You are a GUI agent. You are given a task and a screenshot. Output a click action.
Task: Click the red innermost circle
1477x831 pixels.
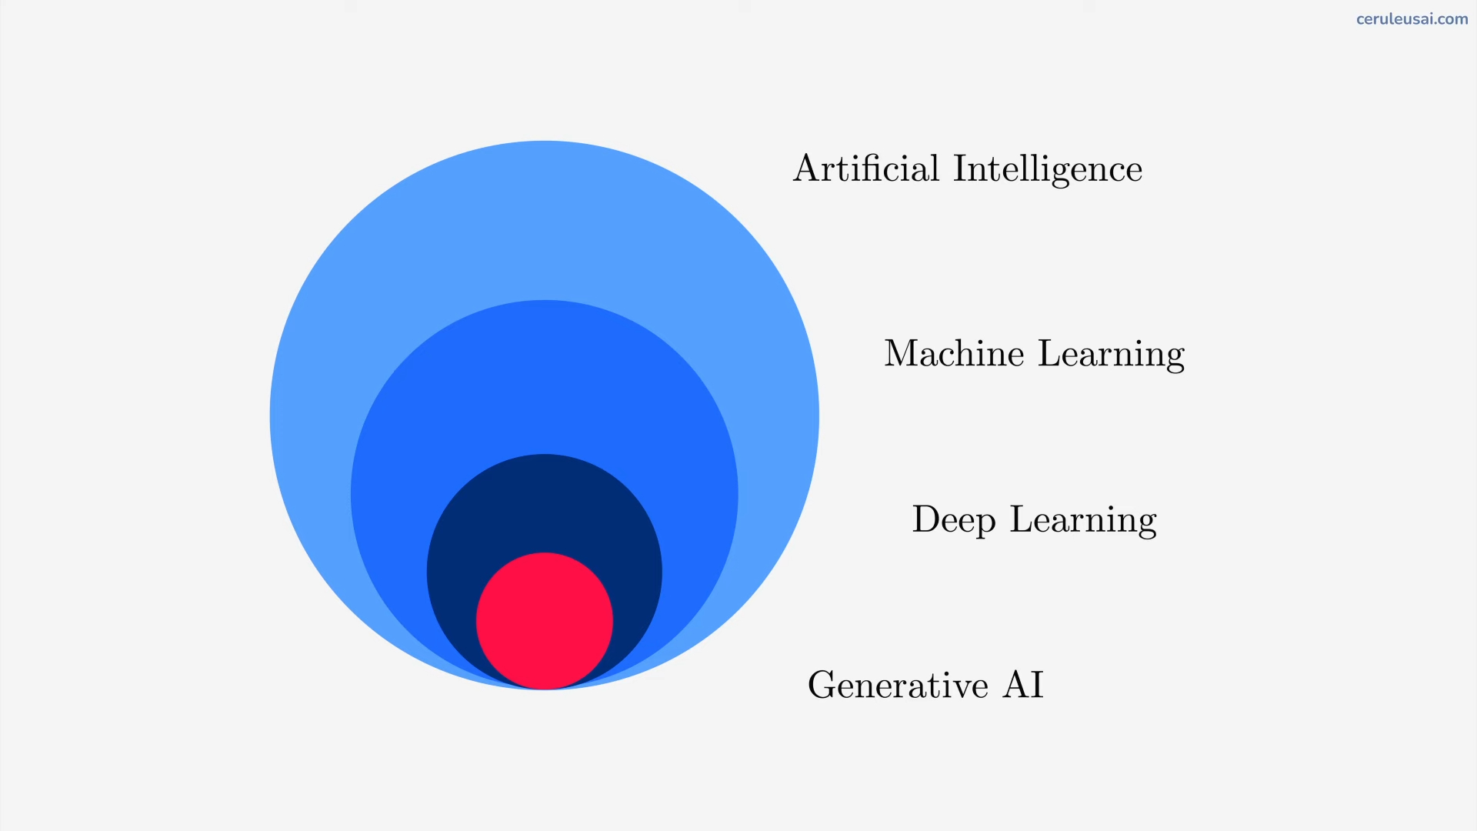tap(545, 620)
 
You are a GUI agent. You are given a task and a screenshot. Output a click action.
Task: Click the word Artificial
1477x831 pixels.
tap(866, 168)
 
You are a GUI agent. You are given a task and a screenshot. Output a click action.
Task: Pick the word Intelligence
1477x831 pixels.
tap(1048, 169)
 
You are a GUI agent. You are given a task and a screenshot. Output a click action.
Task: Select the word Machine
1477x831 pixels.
tap(954, 353)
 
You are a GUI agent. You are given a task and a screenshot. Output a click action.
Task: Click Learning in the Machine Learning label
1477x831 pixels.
tap(1112, 355)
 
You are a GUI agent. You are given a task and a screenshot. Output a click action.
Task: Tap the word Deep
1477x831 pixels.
tap(954, 520)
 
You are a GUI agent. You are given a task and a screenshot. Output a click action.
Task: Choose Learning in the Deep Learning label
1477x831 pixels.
tap(1083, 520)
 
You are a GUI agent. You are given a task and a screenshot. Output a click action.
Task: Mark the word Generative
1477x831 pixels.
tap(898, 684)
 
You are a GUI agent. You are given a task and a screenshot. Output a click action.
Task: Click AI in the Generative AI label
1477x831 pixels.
tap(1023, 684)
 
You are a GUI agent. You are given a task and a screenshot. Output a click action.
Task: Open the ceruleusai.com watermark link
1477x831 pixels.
tap(1412, 19)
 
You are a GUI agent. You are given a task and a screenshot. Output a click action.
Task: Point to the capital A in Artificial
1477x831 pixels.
tap(805, 168)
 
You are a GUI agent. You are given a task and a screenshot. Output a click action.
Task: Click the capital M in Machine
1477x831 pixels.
tap(901, 353)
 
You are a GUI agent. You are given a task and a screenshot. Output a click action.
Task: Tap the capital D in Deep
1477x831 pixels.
tap(926, 519)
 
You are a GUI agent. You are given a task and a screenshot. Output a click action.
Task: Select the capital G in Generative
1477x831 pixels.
tap(822, 684)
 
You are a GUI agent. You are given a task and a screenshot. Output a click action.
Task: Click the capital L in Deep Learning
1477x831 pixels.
tap(1022, 519)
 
